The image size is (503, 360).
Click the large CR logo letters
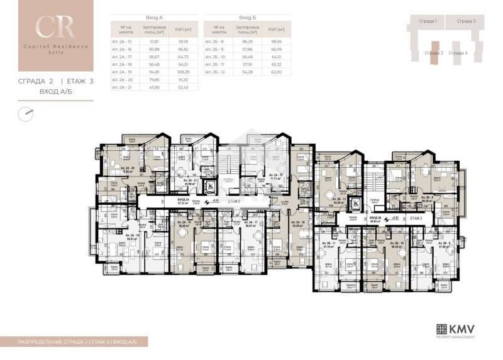point(46,26)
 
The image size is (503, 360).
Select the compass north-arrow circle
point(25,114)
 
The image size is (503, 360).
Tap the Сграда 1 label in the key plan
point(428,21)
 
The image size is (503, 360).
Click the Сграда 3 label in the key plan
point(466,21)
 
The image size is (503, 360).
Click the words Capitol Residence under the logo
point(46,48)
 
